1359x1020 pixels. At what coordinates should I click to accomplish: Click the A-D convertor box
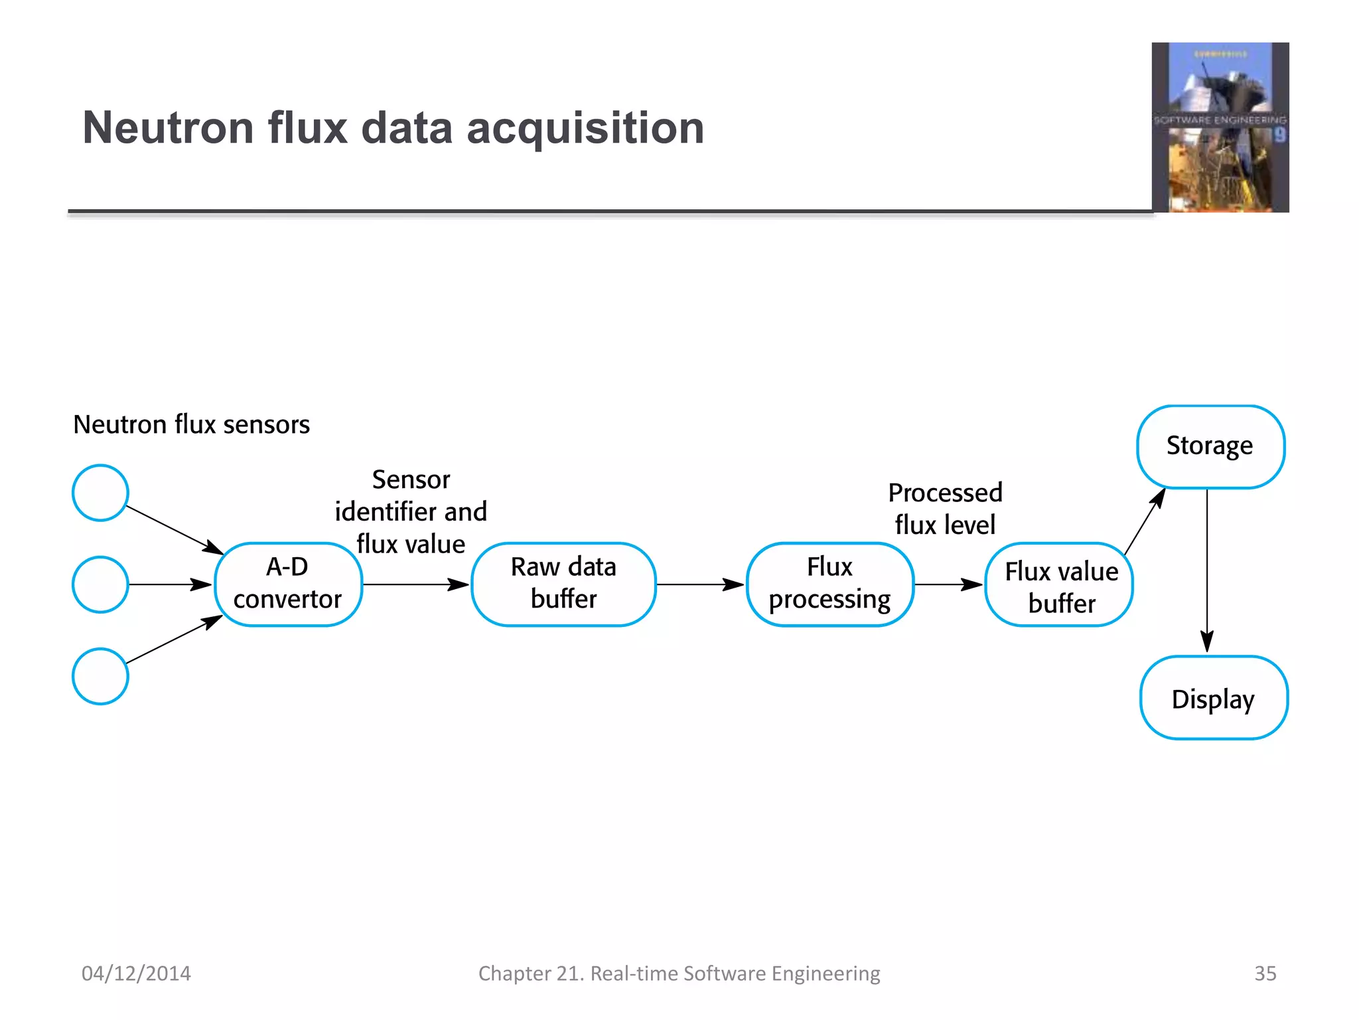(288, 584)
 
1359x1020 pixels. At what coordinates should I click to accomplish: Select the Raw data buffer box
(563, 584)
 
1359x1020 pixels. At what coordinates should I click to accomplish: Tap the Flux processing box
(829, 584)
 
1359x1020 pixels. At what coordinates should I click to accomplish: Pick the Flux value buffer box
(1059, 585)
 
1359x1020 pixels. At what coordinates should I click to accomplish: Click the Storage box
(1210, 446)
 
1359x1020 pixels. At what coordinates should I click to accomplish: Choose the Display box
(1214, 698)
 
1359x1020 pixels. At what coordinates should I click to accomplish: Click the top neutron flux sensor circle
(100, 493)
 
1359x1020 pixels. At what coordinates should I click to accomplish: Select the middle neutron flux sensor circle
(100, 584)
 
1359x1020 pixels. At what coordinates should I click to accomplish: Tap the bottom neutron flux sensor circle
(100, 676)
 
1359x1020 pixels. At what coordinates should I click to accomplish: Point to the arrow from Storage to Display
(1207, 571)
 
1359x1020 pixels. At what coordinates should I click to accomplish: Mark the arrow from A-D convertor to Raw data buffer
(416, 584)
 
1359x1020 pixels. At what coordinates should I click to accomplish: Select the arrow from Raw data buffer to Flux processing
(700, 584)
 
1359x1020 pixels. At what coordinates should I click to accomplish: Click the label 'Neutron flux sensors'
(191, 424)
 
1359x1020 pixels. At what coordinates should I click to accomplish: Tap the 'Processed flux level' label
(945, 509)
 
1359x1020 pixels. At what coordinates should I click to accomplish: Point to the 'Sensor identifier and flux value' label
(411, 511)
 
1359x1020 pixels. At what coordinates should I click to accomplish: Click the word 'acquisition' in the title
(585, 127)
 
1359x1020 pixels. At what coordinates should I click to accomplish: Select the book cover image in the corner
(1220, 127)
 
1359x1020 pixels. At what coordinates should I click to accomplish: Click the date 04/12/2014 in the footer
(136, 973)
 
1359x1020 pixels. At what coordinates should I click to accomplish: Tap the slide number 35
(1265, 973)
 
